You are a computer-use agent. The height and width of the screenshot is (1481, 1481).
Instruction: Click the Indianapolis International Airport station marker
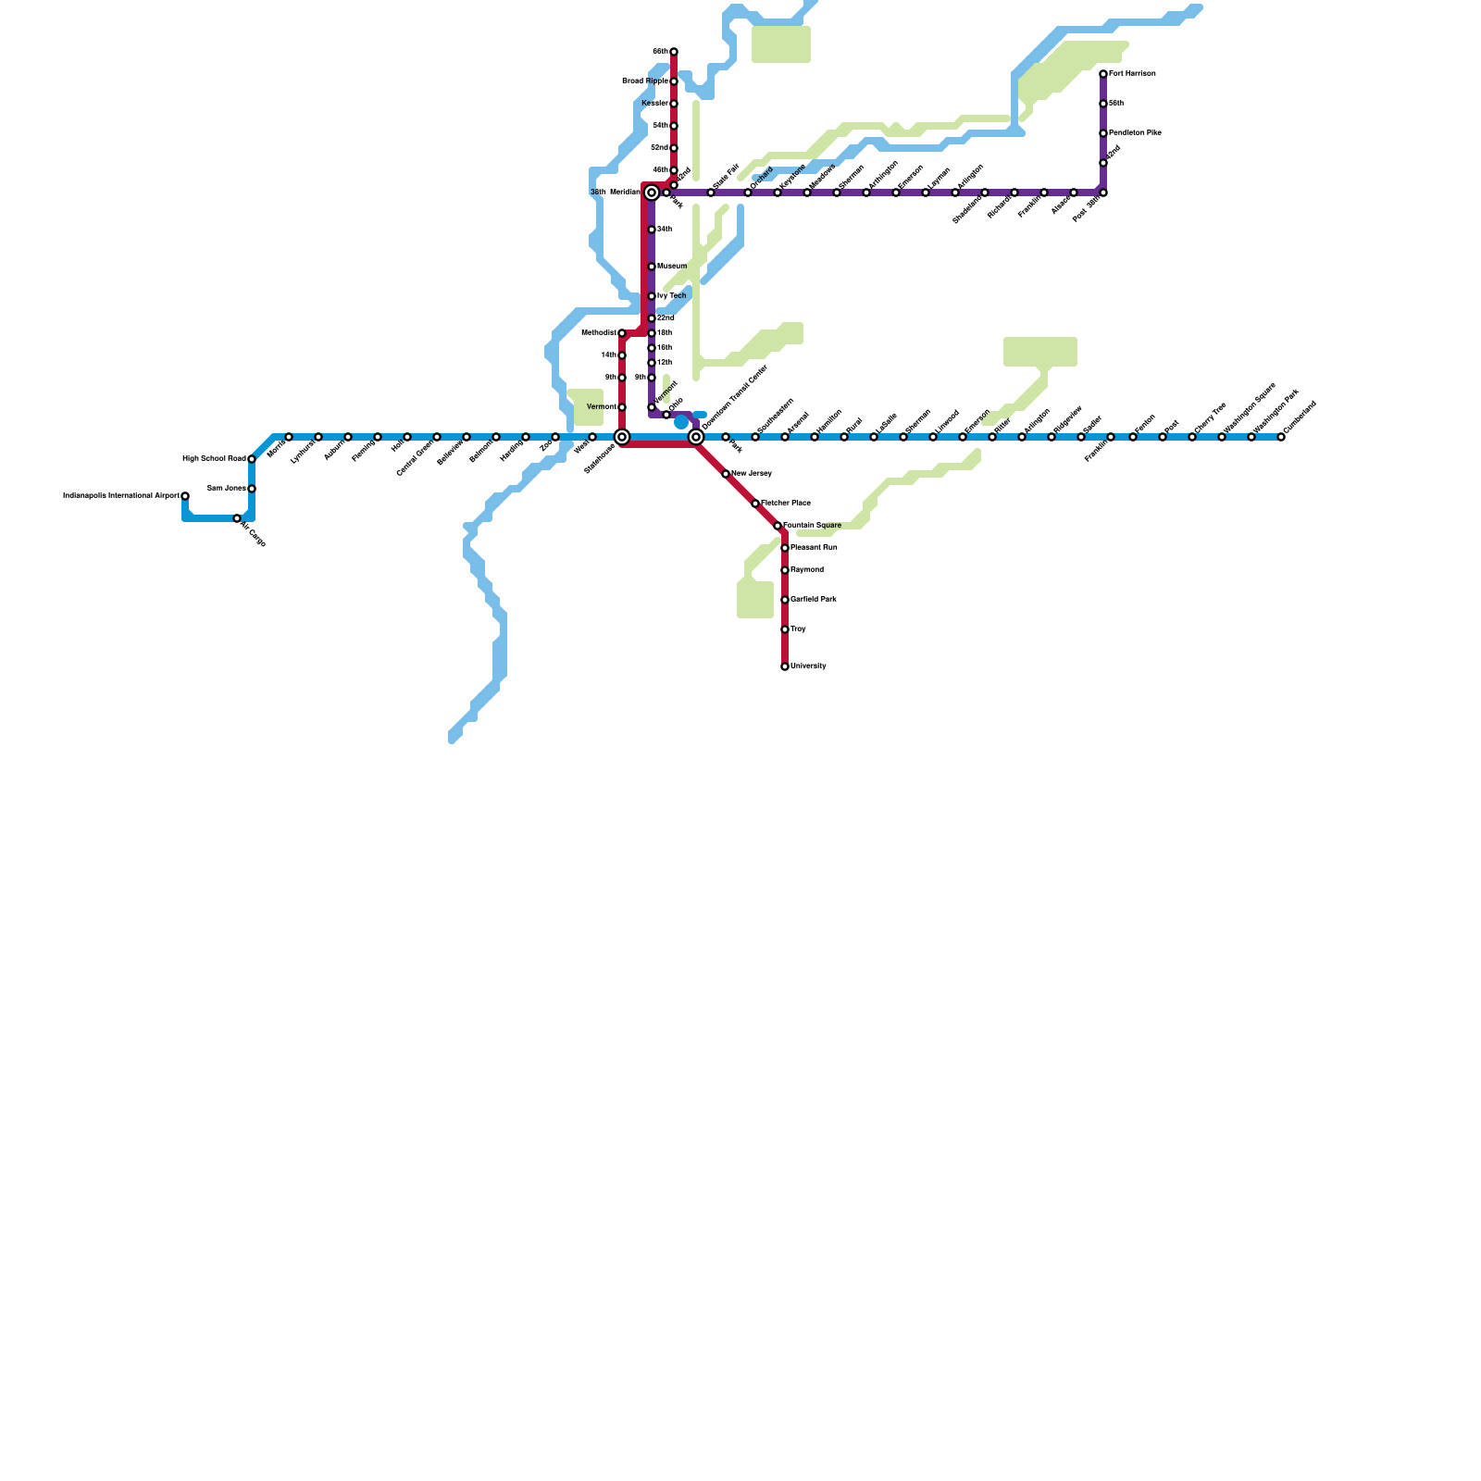[185, 496]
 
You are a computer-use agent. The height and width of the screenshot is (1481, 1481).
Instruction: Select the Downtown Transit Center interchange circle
[696, 437]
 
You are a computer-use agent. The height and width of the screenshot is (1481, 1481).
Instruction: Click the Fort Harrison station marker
[1103, 74]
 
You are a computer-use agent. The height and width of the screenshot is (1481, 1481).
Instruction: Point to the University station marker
[785, 666]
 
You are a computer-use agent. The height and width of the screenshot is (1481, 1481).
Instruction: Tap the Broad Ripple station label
[644, 81]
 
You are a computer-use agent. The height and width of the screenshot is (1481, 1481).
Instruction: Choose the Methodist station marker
[622, 333]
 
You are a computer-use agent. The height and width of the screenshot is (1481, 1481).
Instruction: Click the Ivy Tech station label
[672, 296]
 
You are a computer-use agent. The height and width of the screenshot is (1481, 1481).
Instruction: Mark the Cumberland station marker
[1281, 437]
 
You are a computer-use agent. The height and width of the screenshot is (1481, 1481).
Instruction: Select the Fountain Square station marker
[778, 526]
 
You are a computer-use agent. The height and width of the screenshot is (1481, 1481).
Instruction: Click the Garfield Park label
[814, 600]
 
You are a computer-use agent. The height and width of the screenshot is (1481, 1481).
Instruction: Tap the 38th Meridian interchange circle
[652, 193]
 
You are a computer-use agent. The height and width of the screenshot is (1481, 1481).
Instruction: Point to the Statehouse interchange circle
[622, 437]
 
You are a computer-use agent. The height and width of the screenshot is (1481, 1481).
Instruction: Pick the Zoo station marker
[555, 437]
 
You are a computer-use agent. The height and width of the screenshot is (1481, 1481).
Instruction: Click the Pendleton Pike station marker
[1103, 133]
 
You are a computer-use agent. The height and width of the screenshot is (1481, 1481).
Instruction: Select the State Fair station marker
[711, 193]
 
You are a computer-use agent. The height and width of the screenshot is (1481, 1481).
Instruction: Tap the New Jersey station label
[752, 474]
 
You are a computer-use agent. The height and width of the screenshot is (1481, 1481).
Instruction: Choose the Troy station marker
[785, 629]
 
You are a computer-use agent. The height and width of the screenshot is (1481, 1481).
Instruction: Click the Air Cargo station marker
[237, 518]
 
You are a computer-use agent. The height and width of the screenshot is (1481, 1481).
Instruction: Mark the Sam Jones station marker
[252, 489]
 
